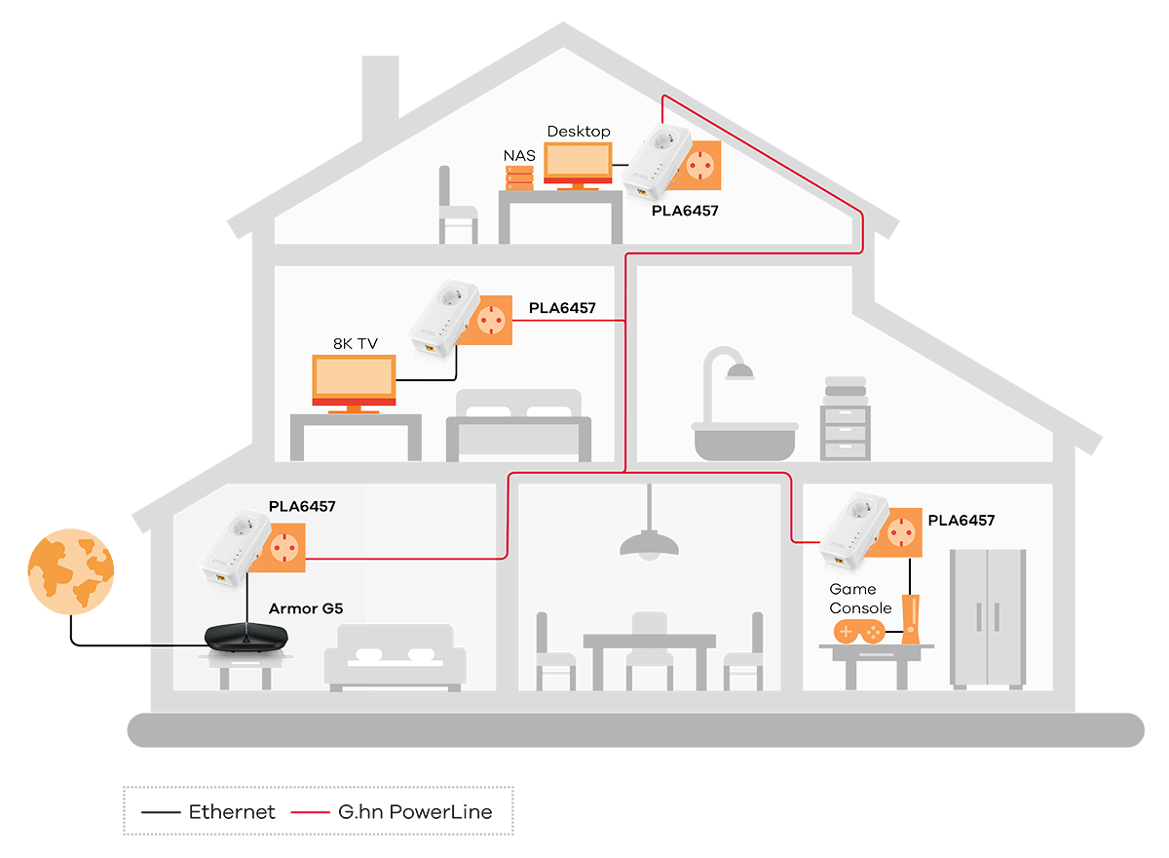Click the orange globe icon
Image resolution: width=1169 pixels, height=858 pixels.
(70, 570)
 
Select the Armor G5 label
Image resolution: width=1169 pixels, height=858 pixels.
(306, 609)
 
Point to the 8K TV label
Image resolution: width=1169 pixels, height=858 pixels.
(356, 343)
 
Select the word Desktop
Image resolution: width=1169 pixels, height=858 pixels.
(579, 132)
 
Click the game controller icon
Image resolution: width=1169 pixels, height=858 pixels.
(858, 632)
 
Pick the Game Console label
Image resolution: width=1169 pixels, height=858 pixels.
(859, 598)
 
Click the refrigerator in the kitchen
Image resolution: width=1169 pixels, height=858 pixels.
(988, 616)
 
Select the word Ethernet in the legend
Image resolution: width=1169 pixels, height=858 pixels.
(232, 811)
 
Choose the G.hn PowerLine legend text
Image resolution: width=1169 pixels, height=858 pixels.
(415, 811)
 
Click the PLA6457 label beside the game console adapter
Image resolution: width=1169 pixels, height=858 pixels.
(961, 521)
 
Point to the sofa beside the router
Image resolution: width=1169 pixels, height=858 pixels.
(396, 658)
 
